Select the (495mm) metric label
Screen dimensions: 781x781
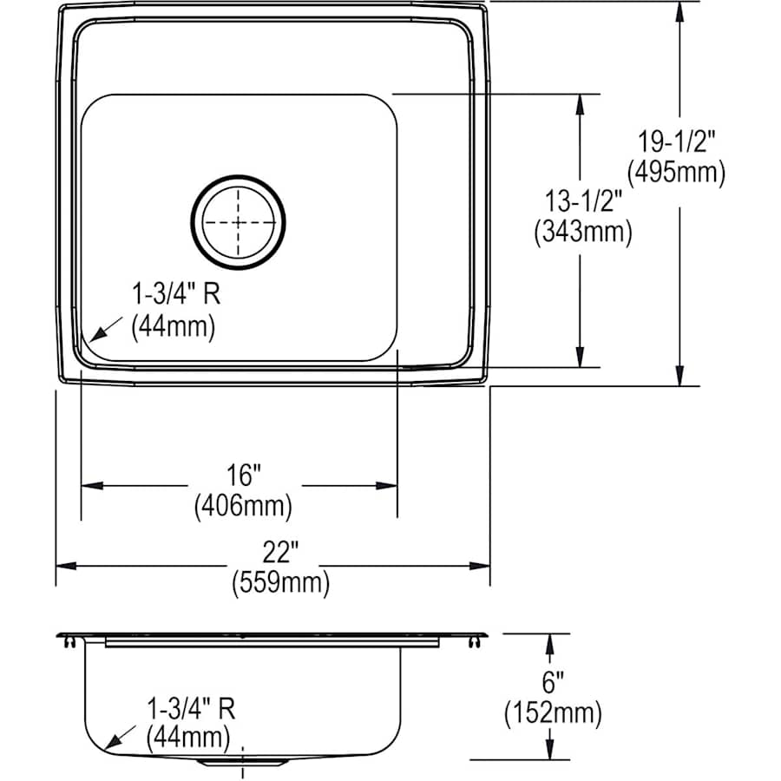pos(678,173)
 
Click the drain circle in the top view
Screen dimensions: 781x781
pos(238,220)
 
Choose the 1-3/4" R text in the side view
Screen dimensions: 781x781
pos(190,707)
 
